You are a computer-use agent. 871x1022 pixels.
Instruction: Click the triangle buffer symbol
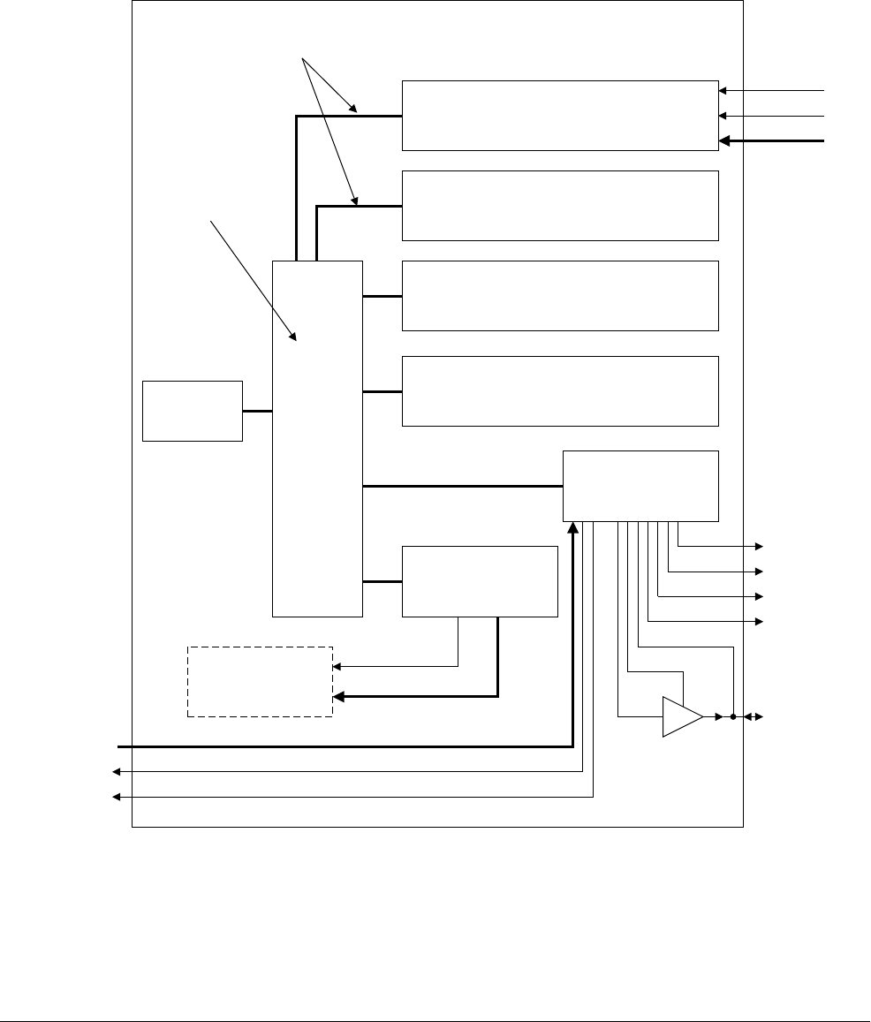681,716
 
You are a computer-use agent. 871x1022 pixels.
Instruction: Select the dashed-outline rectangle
260,681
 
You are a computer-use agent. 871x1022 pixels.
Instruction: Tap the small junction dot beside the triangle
733,717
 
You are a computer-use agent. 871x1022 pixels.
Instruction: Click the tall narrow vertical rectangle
317,438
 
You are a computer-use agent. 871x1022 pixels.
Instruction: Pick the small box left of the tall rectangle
193,411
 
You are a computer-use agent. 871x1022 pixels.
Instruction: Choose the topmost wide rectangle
560,115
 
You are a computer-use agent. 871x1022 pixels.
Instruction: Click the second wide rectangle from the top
560,205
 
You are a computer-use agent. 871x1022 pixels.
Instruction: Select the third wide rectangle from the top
560,295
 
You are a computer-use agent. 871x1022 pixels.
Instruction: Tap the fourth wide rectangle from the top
560,390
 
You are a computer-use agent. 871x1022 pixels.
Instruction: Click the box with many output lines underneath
640,486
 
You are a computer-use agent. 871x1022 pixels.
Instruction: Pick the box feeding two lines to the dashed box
480,581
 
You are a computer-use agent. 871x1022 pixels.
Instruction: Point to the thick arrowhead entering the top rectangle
725,140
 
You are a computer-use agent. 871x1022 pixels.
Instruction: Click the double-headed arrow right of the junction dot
753,717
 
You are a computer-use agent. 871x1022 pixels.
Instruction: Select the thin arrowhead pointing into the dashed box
337,666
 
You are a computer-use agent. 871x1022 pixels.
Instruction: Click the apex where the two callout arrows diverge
303,59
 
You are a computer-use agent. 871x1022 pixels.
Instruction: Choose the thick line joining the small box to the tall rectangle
257,411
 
